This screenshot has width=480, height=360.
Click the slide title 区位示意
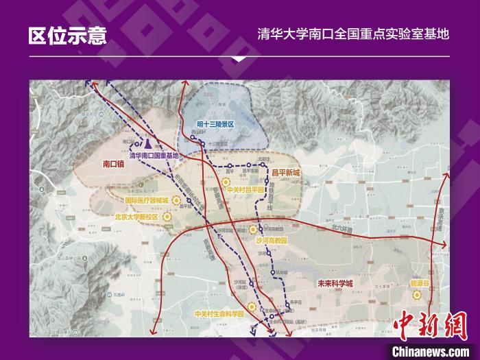(x=67, y=36)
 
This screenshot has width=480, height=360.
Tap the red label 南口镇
(x=113, y=165)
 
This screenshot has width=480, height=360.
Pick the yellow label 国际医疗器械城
(x=147, y=201)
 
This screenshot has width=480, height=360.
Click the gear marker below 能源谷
(x=416, y=295)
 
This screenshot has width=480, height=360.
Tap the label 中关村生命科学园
(x=219, y=315)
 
